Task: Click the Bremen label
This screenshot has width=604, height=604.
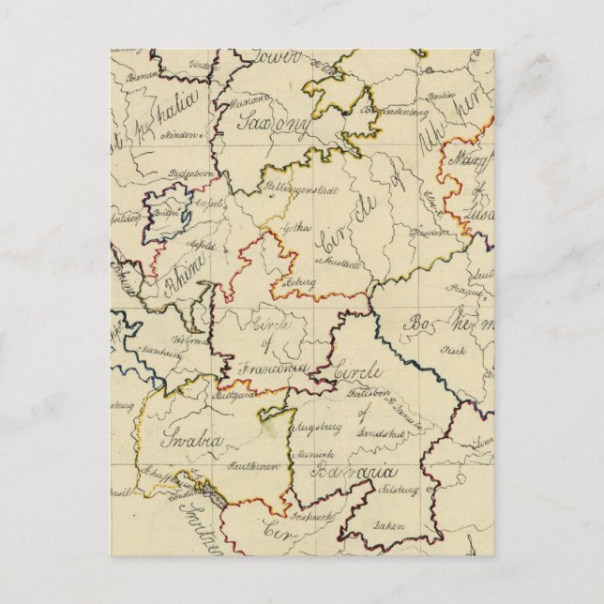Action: point(143,76)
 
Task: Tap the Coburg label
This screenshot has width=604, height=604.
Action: point(302,281)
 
